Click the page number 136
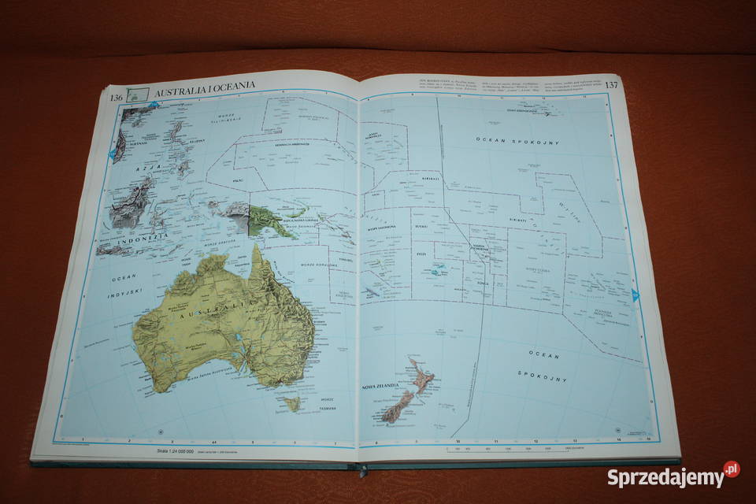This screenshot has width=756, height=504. [116, 97]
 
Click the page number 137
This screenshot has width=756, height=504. [611, 84]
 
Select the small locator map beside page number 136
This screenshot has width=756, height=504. [139, 94]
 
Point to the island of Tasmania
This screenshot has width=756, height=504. [292, 403]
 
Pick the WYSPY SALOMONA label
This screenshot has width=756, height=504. [384, 226]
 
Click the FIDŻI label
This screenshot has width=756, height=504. [421, 254]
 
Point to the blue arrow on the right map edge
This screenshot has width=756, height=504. [635, 295]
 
